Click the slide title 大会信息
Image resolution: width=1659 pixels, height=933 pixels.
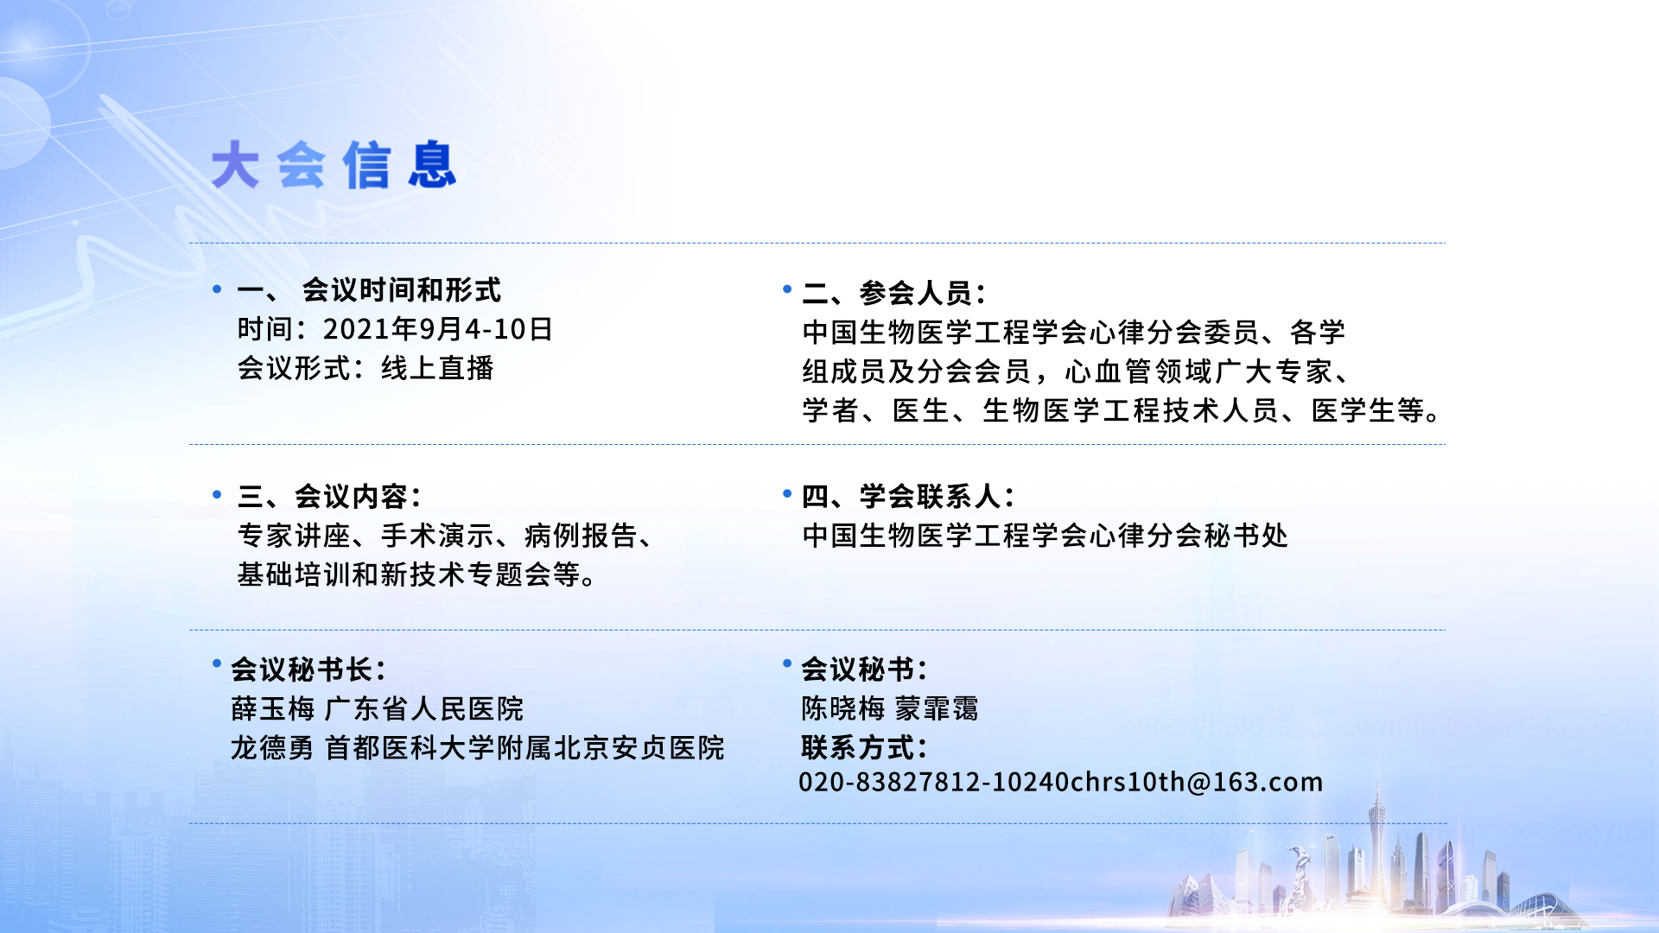click(334, 165)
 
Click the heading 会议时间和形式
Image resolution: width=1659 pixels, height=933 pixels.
click(401, 290)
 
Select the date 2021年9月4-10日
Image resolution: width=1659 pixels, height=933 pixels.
click(437, 329)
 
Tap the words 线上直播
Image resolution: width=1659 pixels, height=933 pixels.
click(437, 368)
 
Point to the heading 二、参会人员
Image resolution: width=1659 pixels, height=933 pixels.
click(893, 293)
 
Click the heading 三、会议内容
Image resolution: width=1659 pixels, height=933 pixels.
click(329, 497)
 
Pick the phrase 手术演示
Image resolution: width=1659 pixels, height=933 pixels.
click(437, 536)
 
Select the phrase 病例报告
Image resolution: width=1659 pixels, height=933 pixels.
click(581, 536)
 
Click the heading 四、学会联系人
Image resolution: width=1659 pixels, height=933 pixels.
click(908, 497)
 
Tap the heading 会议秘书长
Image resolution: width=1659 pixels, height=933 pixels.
click(308, 670)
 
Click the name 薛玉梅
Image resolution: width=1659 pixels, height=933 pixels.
click(273, 709)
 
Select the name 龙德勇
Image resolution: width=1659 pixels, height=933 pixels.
click(272, 748)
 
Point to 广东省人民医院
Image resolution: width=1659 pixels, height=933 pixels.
click(424, 709)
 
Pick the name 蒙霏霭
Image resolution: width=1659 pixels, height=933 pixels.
click(937, 709)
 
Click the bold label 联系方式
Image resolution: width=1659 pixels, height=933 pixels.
click(864, 748)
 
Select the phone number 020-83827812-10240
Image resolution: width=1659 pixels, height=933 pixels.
click(934, 783)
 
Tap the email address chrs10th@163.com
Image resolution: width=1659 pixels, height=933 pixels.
click(1197, 783)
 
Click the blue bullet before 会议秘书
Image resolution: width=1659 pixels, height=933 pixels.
click(787, 663)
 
